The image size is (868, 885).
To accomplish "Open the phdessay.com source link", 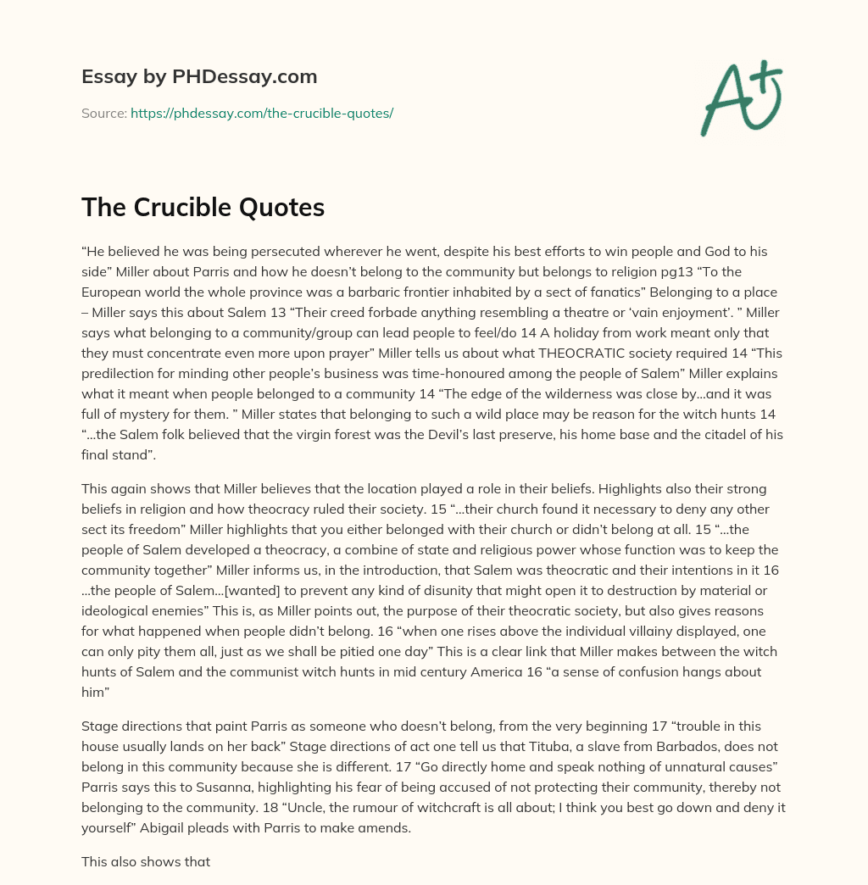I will [261, 113].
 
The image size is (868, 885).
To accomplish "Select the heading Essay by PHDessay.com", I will [199, 76].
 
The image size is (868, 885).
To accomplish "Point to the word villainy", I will [676, 631].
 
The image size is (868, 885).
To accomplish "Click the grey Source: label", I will [103, 113].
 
